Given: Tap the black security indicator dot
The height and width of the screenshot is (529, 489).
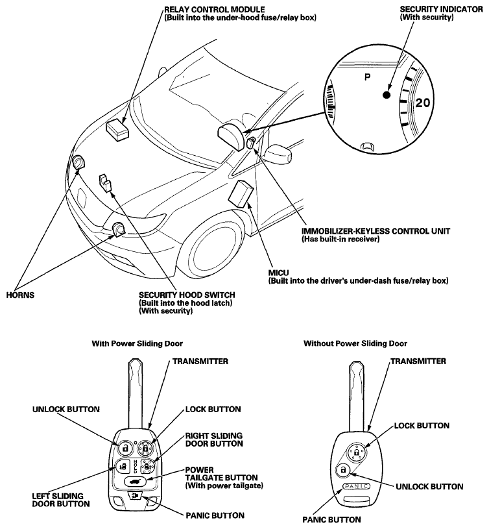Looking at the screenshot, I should (x=387, y=95).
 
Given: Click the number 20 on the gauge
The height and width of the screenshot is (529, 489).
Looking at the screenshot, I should (x=423, y=103).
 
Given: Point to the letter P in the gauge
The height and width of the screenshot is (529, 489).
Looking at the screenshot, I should (x=367, y=77).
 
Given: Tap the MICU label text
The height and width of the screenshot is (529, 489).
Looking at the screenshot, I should (x=278, y=273).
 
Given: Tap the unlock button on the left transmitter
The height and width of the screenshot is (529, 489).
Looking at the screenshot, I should (x=124, y=447).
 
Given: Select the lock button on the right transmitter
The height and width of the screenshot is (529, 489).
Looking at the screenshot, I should (x=359, y=451).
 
